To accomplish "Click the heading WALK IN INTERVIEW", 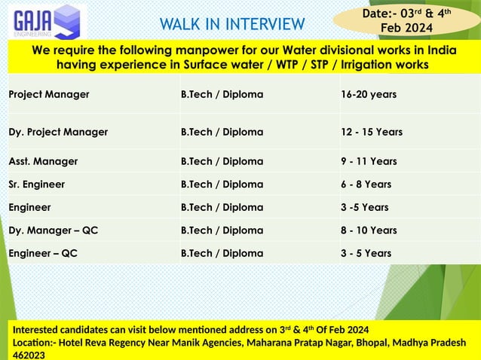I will pos(232,24).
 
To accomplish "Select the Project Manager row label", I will pos(49,95).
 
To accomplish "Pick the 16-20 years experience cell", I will pos(369,95).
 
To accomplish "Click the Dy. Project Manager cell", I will pos(58,132).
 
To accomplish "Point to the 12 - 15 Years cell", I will pos(372,132).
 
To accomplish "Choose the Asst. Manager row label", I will pos(43,161).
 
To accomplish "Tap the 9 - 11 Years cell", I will pos(369,161).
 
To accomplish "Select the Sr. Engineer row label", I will pos(37,185).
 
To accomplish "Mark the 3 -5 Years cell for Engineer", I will pos(365,207).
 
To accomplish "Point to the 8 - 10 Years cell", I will pos(369,230).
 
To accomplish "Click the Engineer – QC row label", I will pos(43,253).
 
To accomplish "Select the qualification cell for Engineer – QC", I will pos(222,253).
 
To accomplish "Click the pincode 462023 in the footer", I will pos(29,354).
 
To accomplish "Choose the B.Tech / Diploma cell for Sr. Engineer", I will pos(222,185).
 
